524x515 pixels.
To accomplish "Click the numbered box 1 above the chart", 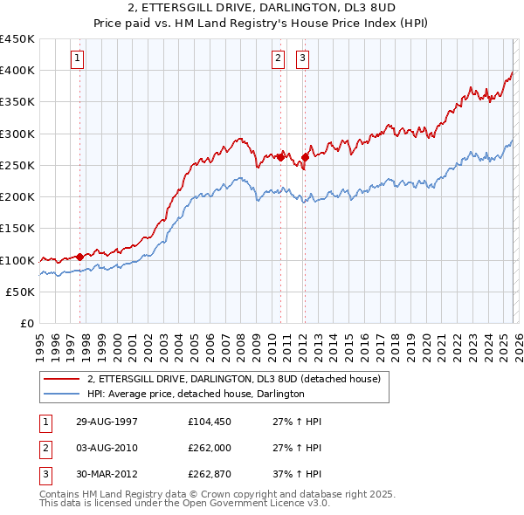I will [78, 58].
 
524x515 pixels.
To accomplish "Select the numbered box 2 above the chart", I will [278, 58].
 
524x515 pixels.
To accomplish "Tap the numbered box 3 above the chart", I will [302, 58].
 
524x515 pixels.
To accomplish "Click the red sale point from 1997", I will [80, 257].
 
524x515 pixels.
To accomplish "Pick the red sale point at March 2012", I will [305, 157].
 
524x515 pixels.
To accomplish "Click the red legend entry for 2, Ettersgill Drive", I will [233, 380].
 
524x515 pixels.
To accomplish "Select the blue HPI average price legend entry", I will [195, 395].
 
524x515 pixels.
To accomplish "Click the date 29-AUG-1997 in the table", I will [107, 422].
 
